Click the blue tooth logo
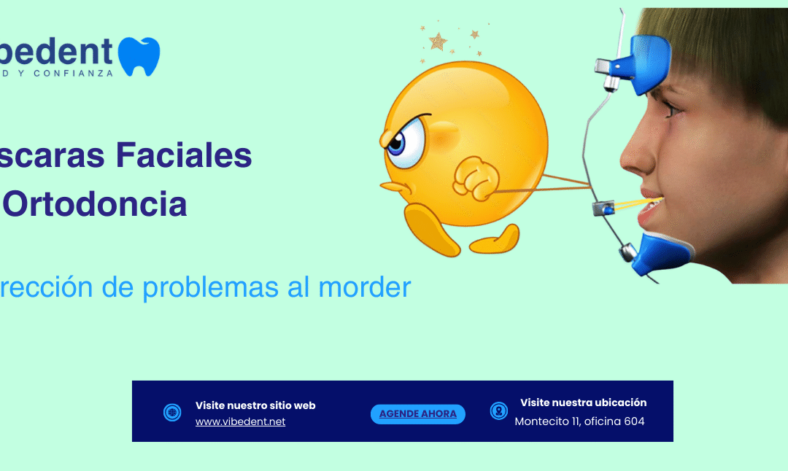click(139, 56)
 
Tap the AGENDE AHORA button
click(418, 414)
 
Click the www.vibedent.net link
click(240, 422)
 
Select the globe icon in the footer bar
click(172, 413)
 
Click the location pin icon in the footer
click(498, 411)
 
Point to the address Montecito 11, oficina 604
click(579, 421)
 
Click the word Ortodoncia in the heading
click(95, 205)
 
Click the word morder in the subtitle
click(365, 288)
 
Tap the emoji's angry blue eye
click(395, 143)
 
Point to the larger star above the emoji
click(438, 41)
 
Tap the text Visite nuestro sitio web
click(255, 405)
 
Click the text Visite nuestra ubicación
click(583, 402)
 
